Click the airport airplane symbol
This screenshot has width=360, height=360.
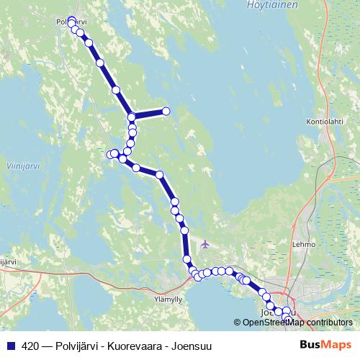pyautogui.click(x=205, y=243)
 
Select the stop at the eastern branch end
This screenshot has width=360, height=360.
pyautogui.click(x=166, y=111)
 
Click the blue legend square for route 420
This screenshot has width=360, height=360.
pyautogui.click(x=9, y=345)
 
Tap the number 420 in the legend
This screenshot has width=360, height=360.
pyautogui.click(x=31, y=345)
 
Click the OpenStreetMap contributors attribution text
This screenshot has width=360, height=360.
pyautogui.click(x=297, y=322)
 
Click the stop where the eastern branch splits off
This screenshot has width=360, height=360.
pyautogui.click(x=132, y=117)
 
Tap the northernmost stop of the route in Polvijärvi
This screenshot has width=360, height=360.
pyautogui.click(x=71, y=19)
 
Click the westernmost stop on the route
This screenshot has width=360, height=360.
pyautogui.click(x=111, y=154)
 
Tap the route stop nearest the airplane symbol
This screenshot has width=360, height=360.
pyautogui.click(x=186, y=258)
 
